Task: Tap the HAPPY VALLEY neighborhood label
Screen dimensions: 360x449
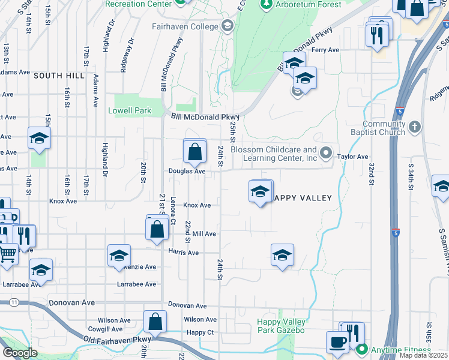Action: [x=302, y=198]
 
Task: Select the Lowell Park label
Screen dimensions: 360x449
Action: [x=130, y=111]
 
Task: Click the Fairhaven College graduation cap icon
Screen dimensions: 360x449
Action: [x=227, y=26]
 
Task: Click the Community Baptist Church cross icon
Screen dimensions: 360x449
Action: [x=415, y=127]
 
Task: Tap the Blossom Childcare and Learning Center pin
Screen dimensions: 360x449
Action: [x=325, y=154]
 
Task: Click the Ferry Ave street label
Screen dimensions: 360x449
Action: [x=326, y=50]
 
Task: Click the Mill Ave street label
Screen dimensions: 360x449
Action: [x=204, y=234]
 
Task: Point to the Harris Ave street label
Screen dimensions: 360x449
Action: [x=183, y=253]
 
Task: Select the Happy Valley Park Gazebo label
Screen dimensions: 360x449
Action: [x=281, y=326]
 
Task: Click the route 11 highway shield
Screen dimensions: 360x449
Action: [x=13, y=304]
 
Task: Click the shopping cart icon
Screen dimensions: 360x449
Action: [x=7, y=253]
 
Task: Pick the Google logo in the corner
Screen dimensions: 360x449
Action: [x=20, y=353]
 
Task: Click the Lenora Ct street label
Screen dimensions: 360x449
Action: [x=173, y=212]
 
